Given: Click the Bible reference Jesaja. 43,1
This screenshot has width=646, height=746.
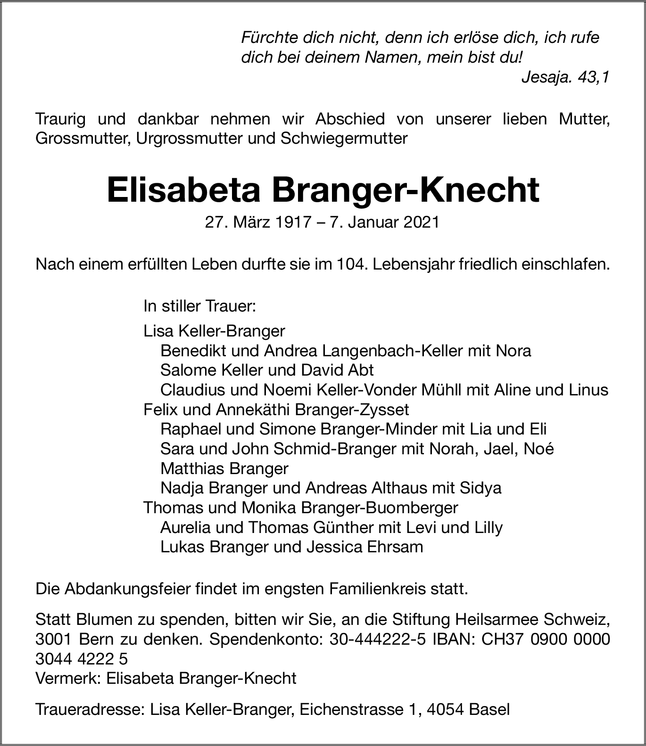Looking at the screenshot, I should click(x=565, y=77).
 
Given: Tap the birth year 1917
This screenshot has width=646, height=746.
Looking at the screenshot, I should click(x=296, y=222).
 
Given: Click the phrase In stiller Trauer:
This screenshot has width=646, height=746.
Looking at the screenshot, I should click(x=199, y=306).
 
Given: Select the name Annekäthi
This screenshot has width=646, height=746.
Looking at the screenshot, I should click(x=253, y=410).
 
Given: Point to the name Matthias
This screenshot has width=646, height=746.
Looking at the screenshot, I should click(x=191, y=468).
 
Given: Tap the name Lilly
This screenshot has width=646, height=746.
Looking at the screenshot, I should click(x=488, y=527).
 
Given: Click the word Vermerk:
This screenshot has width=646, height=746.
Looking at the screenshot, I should click(x=69, y=678).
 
